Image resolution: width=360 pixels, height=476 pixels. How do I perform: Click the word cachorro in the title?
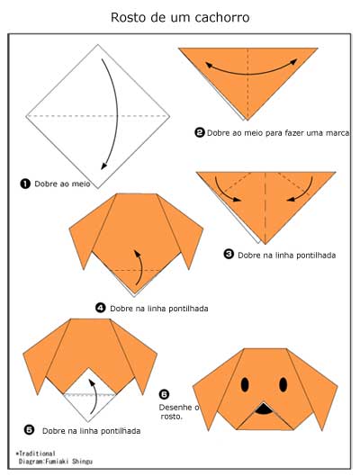[x=222, y=18]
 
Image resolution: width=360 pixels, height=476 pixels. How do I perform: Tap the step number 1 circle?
[x=25, y=184]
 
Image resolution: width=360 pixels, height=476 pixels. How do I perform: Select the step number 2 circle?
[x=200, y=132]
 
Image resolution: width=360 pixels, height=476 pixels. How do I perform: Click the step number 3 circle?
[x=229, y=254]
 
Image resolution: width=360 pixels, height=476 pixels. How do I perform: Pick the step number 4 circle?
[x=101, y=308]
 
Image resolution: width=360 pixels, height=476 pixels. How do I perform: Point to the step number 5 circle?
[x=29, y=430]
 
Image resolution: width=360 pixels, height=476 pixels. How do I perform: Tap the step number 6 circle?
[x=164, y=394]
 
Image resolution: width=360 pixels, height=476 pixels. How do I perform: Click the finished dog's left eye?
[x=245, y=384]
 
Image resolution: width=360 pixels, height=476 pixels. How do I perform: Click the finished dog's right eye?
[x=283, y=384]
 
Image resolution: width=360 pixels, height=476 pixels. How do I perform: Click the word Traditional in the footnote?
[x=37, y=454]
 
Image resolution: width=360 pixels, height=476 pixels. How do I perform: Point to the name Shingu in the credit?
[x=82, y=462]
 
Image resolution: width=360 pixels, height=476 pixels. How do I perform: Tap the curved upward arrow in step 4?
[x=140, y=267]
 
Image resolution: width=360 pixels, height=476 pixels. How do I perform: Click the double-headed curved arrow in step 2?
[x=251, y=73]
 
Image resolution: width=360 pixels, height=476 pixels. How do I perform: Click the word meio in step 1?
[x=82, y=184]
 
